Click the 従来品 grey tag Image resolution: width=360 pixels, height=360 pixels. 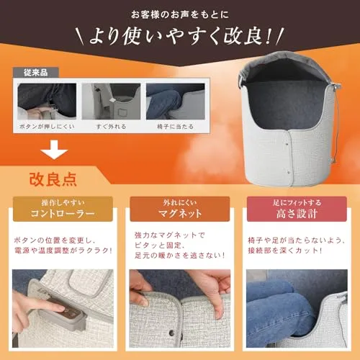click(x=36, y=73)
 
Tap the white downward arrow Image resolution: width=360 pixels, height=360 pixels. click(x=54, y=149)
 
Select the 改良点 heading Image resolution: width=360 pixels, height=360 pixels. click(x=53, y=179)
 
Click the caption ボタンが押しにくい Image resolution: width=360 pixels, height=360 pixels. click(x=47, y=127)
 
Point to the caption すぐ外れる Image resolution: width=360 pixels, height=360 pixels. click(x=111, y=127)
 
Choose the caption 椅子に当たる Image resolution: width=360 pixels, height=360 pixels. click(x=176, y=127)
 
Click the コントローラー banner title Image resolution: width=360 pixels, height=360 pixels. click(x=63, y=213)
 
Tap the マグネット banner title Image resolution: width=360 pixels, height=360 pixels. click(x=180, y=213)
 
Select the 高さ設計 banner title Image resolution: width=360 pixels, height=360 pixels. click(x=297, y=213)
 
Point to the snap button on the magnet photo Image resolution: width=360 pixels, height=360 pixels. click(x=171, y=333)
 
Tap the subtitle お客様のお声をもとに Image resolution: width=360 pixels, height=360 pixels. click(x=180, y=14)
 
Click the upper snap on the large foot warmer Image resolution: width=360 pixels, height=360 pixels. click(x=287, y=145)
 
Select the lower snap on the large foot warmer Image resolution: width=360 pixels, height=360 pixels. click(x=289, y=172)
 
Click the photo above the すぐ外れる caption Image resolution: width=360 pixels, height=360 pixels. click(x=111, y=102)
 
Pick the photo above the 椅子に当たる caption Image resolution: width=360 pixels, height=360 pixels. click(x=176, y=102)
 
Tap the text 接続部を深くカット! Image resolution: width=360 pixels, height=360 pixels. click(x=284, y=251)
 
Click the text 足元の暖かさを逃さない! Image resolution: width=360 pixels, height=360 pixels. click(x=180, y=256)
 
